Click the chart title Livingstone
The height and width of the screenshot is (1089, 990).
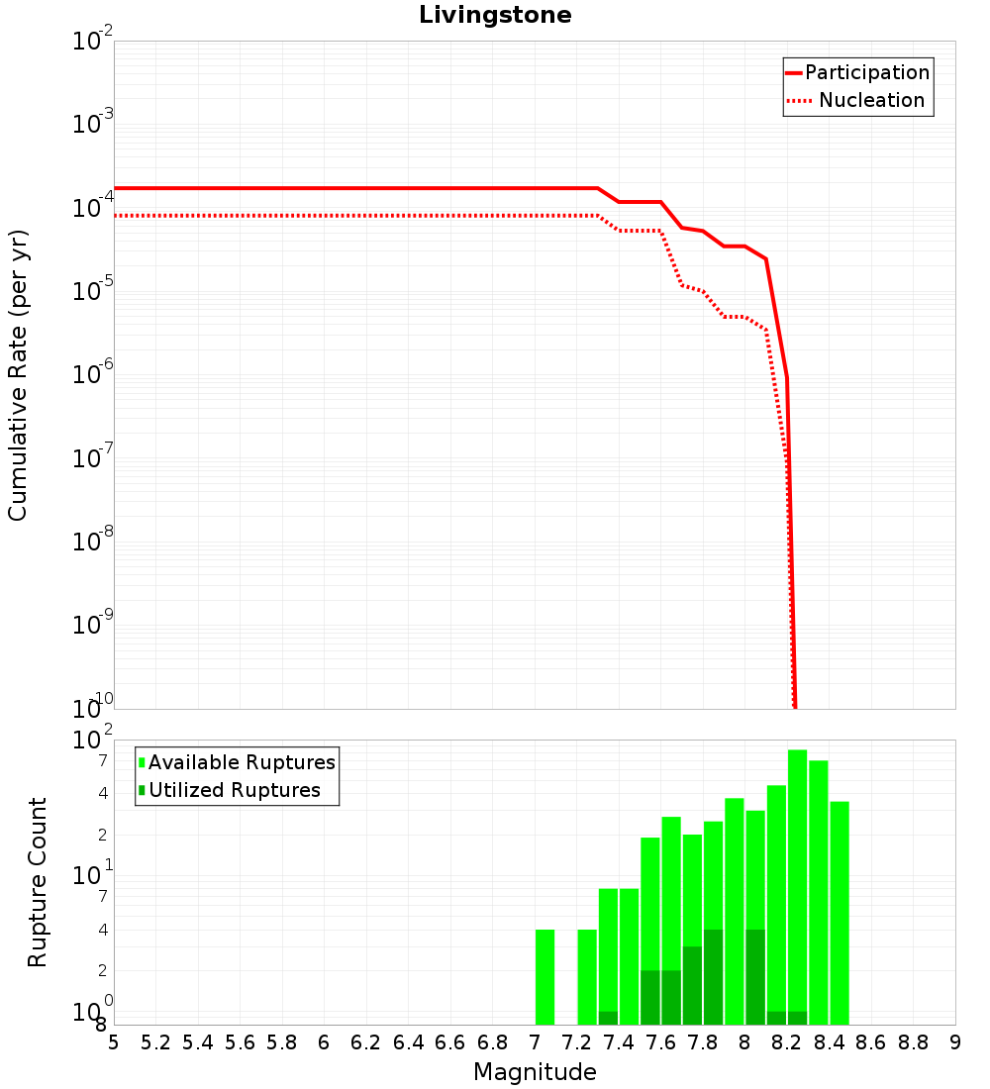[495, 15]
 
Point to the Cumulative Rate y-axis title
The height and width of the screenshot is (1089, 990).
[18, 374]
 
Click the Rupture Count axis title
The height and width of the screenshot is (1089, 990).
[38, 881]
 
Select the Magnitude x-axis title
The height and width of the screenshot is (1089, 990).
[535, 1072]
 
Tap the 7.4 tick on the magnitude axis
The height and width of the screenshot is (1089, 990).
[619, 1042]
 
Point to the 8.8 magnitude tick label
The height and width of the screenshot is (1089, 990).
[913, 1042]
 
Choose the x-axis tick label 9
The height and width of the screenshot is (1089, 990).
[955, 1042]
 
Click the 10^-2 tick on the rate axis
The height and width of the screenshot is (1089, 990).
[94, 42]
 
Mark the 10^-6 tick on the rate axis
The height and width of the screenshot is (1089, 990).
[94, 375]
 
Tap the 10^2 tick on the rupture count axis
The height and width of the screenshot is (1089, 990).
[94, 741]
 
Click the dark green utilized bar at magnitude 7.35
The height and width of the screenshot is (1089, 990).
[608, 1018]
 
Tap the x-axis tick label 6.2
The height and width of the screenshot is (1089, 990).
[366, 1042]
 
